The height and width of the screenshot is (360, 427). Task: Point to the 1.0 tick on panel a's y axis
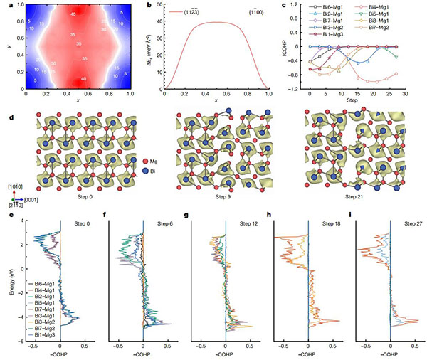(19, 6)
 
